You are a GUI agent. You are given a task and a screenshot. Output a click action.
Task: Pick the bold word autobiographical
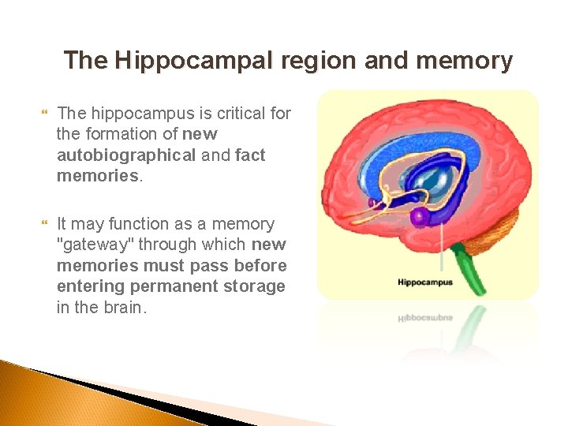point(126,155)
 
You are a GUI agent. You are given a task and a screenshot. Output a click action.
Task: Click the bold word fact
point(250,155)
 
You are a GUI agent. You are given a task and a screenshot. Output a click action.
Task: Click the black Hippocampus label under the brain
point(424,282)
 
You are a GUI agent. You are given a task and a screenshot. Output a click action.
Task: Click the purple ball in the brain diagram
point(420,215)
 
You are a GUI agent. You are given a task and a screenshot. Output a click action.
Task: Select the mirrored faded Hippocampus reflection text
point(424,318)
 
